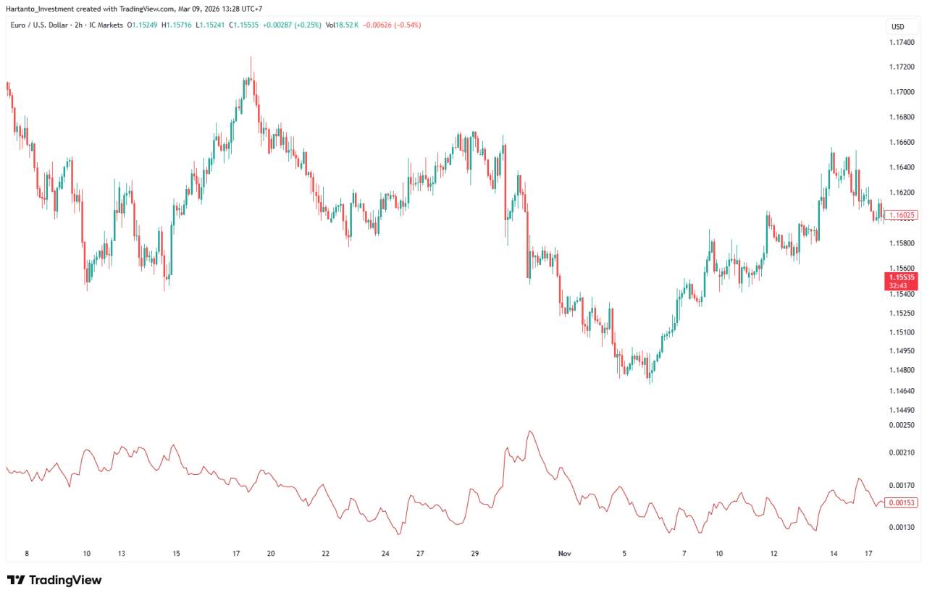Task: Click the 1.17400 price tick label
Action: (x=901, y=43)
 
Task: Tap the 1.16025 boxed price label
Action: (x=901, y=215)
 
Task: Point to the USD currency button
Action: (x=898, y=27)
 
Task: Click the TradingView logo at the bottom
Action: (x=54, y=580)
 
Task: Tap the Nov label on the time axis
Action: (x=565, y=554)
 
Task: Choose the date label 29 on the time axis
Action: (x=475, y=554)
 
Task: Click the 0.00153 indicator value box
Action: (x=901, y=502)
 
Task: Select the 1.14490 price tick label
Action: (x=901, y=410)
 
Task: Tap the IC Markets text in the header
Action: (x=106, y=25)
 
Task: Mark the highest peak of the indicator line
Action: (x=531, y=431)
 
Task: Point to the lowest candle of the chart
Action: (x=650, y=380)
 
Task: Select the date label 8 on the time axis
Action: (x=27, y=554)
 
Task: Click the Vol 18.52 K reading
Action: (x=342, y=25)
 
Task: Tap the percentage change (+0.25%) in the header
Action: (x=307, y=25)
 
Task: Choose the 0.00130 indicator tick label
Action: (x=901, y=528)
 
